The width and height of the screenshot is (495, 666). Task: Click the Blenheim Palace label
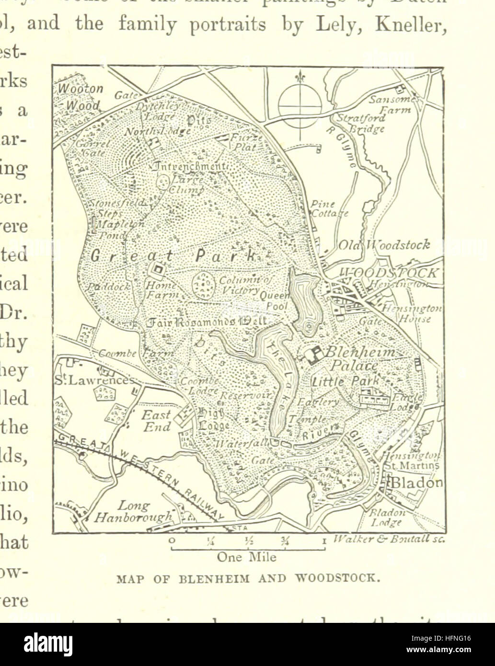click(x=360, y=359)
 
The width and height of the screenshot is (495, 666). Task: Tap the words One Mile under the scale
click(x=247, y=557)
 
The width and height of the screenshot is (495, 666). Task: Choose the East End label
click(x=156, y=420)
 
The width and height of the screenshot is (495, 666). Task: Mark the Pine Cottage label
click(x=329, y=209)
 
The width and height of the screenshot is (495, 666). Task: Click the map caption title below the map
click(x=249, y=578)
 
